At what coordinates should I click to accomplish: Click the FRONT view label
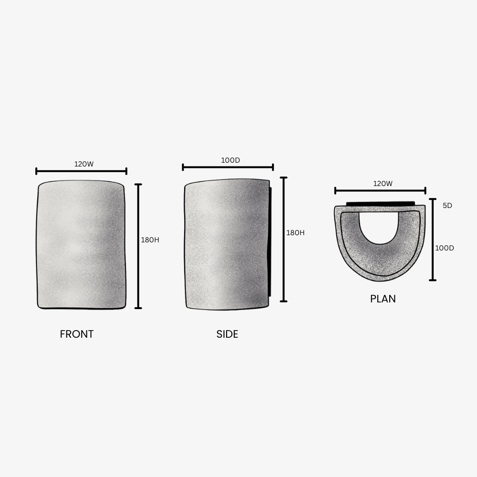pos(77,334)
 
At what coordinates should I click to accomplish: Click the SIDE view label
pos(227,334)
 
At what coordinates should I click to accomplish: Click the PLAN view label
pos(383,299)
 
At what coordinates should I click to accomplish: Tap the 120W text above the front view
pos(84,164)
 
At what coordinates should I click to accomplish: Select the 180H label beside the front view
pos(150,240)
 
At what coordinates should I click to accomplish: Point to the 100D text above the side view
pos(230,160)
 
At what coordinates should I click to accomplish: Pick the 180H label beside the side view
pos(295,232)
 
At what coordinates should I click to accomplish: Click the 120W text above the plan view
pos(383,184)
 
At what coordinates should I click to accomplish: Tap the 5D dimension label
pos(447,205)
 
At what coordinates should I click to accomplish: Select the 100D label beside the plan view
pos(445,248)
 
